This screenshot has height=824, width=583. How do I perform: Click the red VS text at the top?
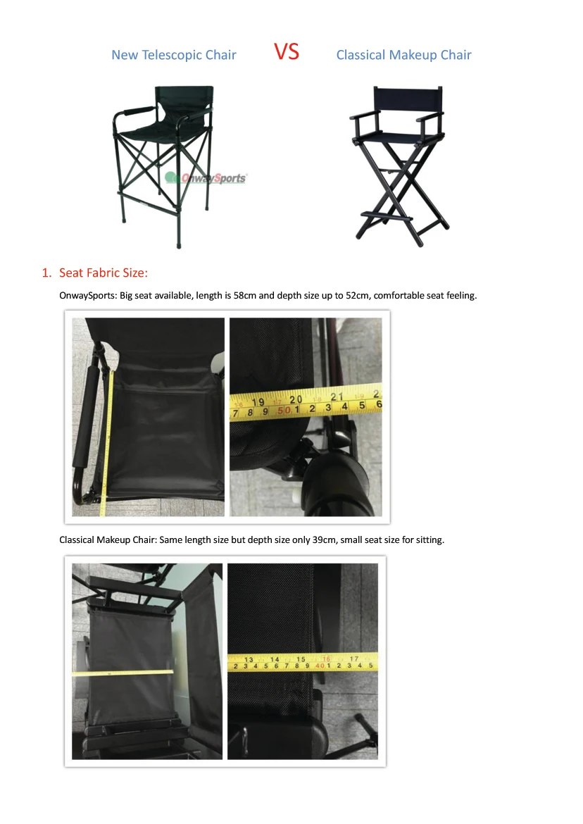pos(287,52)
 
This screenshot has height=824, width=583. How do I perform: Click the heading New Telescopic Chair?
pos(174,55)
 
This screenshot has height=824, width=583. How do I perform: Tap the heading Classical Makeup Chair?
pos(404,55)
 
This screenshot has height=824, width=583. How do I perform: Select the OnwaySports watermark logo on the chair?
pos(206,178)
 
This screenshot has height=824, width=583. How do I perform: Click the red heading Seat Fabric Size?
pos(104,273)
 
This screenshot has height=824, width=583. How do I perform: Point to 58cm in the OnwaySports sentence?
pos(245,295)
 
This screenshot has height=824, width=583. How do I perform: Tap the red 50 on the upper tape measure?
pos(284,410)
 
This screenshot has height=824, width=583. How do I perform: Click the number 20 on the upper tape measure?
pos(296,399)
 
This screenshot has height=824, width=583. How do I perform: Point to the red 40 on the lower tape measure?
pos(320,666)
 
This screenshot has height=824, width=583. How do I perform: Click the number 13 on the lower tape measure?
pos(249,659)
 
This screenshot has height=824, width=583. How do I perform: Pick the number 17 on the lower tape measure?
pos(355,658)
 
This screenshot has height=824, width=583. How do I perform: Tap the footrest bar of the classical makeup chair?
pos(387,215)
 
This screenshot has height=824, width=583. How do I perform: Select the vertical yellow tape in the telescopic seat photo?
pos(107,442)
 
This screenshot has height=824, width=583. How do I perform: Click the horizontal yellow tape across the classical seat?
pos(123,673)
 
